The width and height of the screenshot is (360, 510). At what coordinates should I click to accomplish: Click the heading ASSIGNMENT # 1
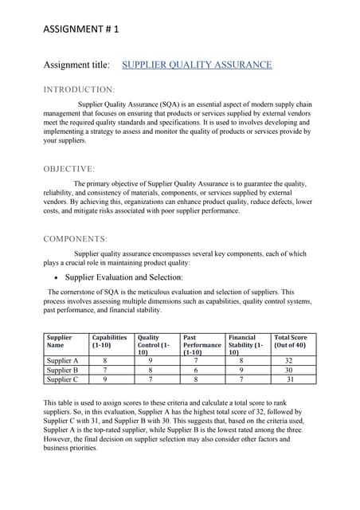pos(81,28)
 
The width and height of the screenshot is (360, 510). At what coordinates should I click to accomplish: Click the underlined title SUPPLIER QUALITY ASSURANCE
pos(197,64)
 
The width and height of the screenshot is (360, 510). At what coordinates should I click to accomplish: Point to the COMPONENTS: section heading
pos(75,238)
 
